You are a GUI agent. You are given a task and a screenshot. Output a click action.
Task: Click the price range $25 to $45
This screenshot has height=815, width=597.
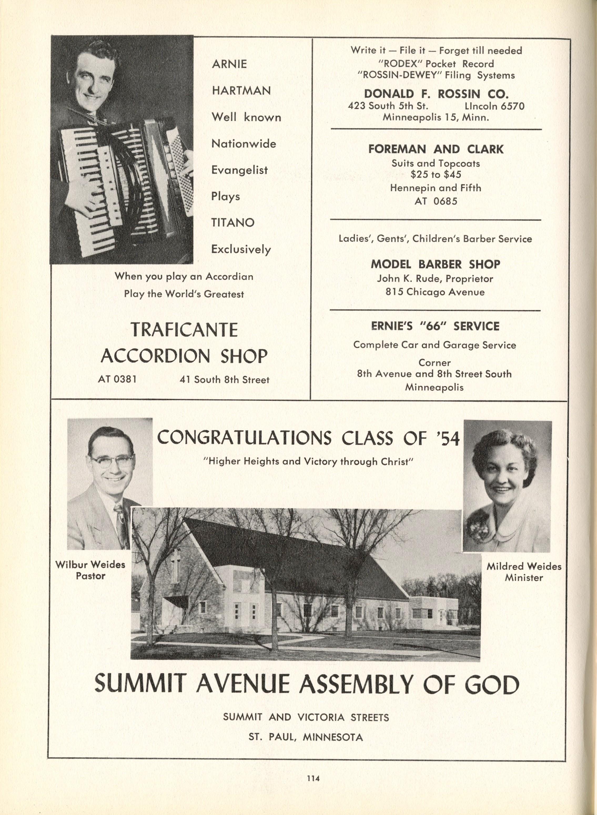click(436, 175)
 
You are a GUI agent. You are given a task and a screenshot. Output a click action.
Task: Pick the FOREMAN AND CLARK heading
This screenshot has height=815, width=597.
click(436, 149)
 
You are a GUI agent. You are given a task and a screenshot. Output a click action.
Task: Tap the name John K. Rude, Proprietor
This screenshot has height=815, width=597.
click(435, 279)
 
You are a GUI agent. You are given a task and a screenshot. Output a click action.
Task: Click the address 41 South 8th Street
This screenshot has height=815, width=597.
click(224, 380)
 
